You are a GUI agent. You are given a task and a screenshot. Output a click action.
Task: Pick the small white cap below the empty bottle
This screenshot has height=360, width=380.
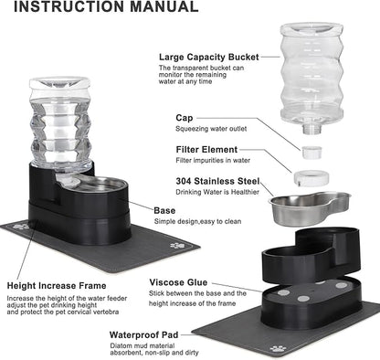311,144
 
